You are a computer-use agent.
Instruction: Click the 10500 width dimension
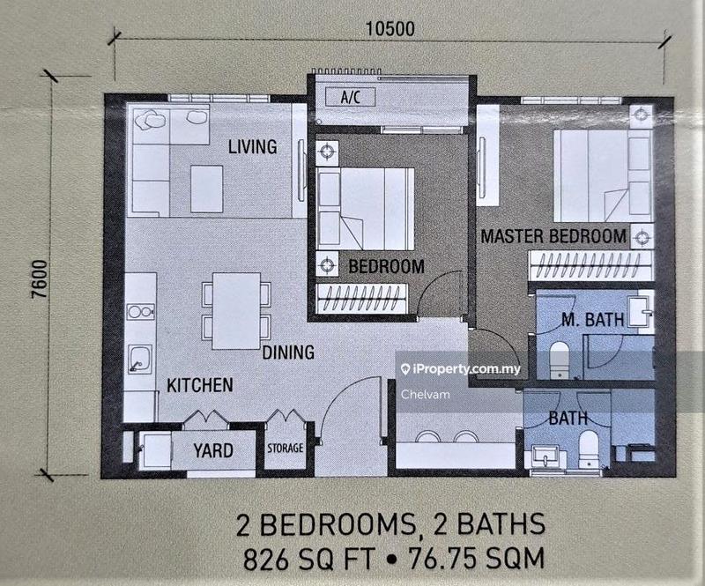[x=388, y=27]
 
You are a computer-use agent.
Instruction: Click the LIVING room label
[x=252, y=146]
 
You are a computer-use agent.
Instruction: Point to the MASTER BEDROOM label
[x=553, y=236]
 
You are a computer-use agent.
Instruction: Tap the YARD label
[x=214, y=451]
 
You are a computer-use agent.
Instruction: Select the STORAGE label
[x=286, y=449]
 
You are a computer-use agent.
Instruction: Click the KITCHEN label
[x=200, y=385]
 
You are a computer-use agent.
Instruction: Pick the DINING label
[x=287, y=353]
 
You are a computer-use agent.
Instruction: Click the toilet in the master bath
[x=558, y=356]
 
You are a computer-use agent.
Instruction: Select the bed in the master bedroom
[x=591, y=176]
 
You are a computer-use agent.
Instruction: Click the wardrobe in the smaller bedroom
[x=362, y=300]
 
